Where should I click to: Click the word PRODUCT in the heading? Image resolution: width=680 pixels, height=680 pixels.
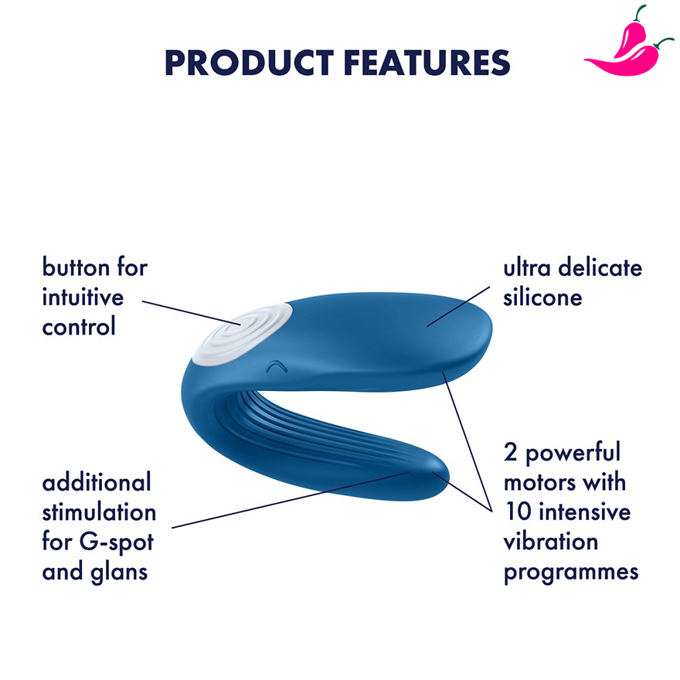249,63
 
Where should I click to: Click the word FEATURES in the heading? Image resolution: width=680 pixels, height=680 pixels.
427,63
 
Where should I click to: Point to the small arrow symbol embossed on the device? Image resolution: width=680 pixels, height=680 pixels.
277,367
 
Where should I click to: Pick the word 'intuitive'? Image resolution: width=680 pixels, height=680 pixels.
83,297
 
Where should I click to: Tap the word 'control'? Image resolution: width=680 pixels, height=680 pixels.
79,326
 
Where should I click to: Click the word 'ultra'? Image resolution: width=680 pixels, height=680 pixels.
527,267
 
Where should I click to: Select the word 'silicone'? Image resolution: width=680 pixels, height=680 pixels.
542,297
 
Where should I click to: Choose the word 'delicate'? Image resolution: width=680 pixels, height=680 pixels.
600,267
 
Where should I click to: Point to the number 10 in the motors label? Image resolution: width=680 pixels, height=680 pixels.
518,512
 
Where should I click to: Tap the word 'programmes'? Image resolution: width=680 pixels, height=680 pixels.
571,573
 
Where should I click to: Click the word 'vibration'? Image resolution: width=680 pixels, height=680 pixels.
551,541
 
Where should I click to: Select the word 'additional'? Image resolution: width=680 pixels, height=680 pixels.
97,482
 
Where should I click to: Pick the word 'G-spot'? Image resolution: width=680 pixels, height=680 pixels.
117,543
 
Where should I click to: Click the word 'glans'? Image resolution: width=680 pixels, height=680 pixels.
119,573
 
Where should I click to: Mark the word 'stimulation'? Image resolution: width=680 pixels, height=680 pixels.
99,512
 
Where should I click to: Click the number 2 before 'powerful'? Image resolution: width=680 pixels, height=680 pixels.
511,452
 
